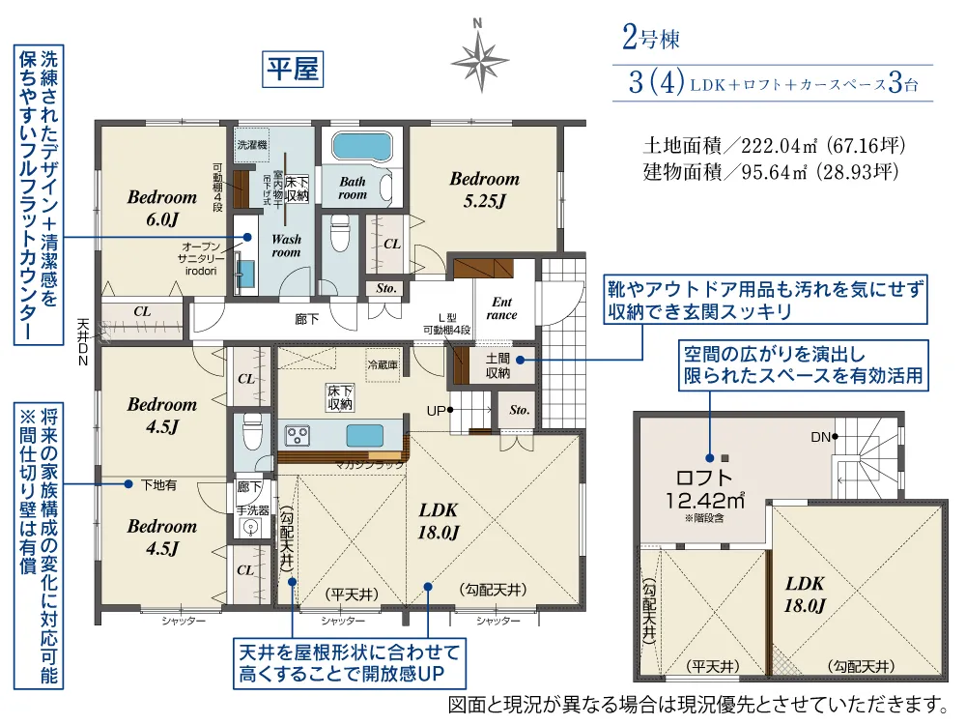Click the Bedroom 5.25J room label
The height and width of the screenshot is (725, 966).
[484, 188]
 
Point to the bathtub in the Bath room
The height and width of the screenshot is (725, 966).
[362, 148]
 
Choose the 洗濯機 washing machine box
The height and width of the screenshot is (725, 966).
[252, 144]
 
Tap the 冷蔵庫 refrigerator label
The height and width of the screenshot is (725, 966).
[382, 364]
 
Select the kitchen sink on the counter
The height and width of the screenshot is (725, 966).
[363, 434]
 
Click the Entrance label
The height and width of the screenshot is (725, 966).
[501, 307]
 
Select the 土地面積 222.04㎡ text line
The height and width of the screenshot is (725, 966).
[773, 147]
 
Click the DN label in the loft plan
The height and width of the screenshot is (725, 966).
[820, 437]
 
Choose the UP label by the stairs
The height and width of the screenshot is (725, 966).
[438, 410]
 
